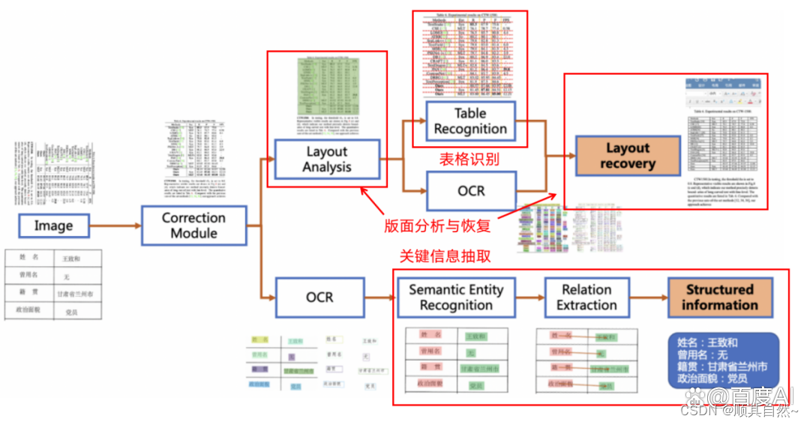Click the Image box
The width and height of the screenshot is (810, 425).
point(54,226)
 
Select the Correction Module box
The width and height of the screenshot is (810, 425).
point(193,226)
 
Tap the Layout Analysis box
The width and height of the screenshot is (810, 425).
point(327,159)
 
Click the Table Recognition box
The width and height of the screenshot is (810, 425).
point(470,121)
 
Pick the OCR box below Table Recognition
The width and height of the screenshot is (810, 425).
point(471,191)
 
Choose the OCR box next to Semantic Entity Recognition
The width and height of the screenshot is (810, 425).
point(319,297)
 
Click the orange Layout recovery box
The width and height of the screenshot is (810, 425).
point(628,156)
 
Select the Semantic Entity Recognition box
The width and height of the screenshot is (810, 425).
point(456,297)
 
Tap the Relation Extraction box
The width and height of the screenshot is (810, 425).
point(586,297)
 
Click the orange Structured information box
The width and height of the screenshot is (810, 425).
point(719,297)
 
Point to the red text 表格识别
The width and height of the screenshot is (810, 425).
point(469,159)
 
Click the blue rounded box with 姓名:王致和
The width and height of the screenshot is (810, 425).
point(722,361)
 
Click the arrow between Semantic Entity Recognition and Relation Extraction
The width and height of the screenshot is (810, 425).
point(529,298)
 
